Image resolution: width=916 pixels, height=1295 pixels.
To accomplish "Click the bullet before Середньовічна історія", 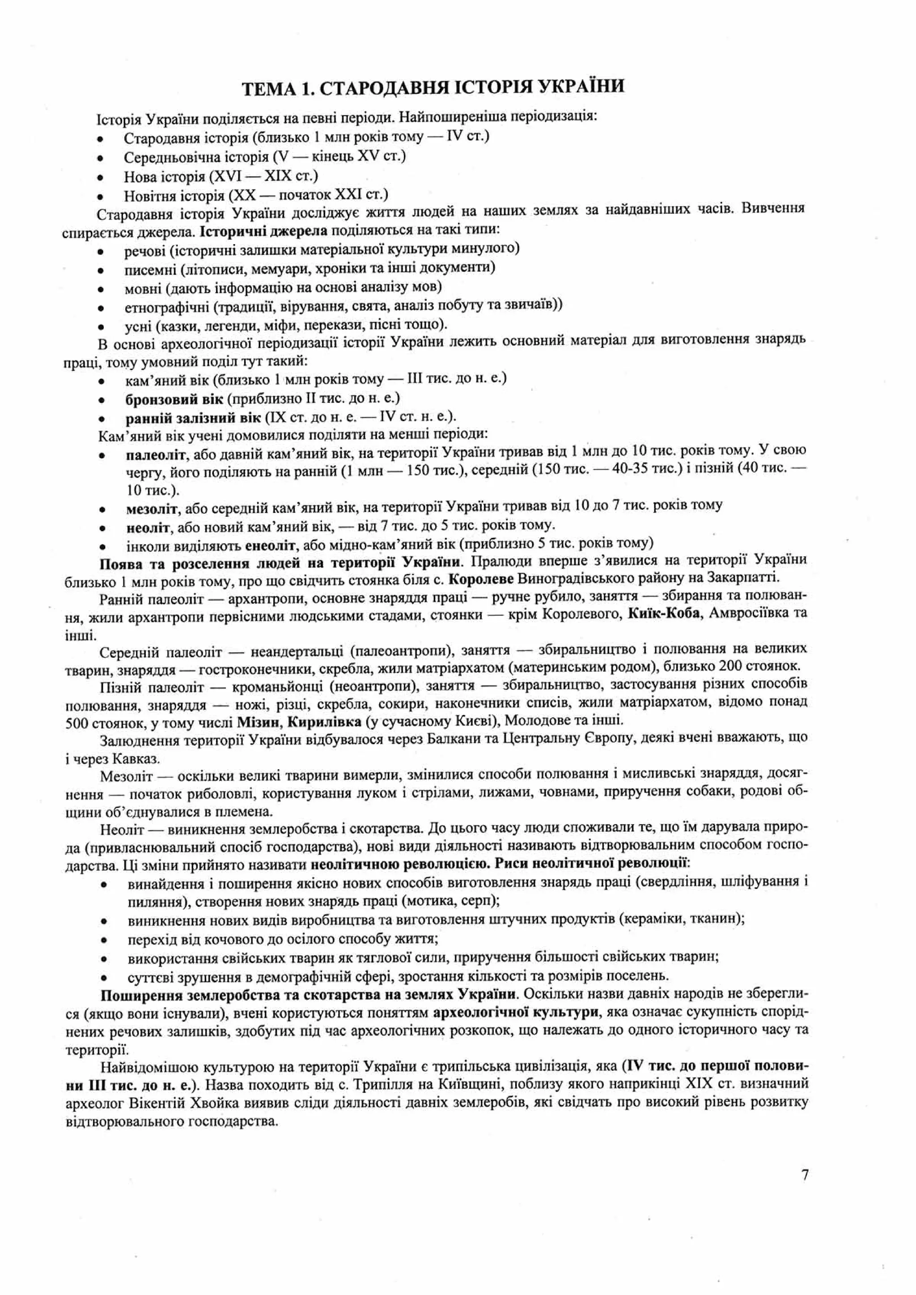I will coord(100,158).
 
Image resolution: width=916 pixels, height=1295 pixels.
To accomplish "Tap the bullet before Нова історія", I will coord(100,178).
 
